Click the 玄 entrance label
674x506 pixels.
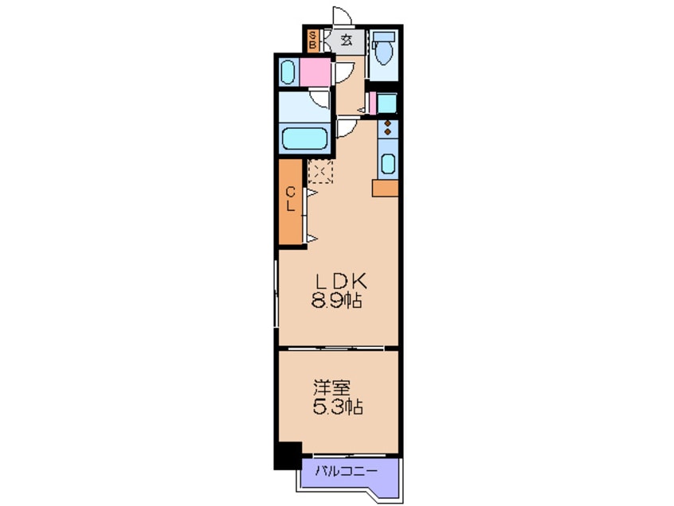click(347, 41)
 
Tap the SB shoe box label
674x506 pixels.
click(313, 39)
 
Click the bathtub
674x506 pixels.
click(305, 138)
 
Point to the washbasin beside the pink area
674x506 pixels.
click(288, 72)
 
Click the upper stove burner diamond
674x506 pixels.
click(388, 123)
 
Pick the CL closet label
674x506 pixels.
click(291, 199)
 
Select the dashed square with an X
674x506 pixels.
click(320, 172)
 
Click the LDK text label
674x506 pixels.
click(341, 282)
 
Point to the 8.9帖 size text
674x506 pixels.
click(336, 302)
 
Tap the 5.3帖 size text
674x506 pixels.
click(338, 407)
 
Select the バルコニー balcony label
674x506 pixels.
click(347, 472)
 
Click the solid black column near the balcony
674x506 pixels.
click(288, 455)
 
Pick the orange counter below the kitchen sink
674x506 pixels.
click(385, 189)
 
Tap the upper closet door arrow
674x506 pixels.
click(312, 193)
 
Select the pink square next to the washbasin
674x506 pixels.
click(315, 72)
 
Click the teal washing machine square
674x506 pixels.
click(386, 103)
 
